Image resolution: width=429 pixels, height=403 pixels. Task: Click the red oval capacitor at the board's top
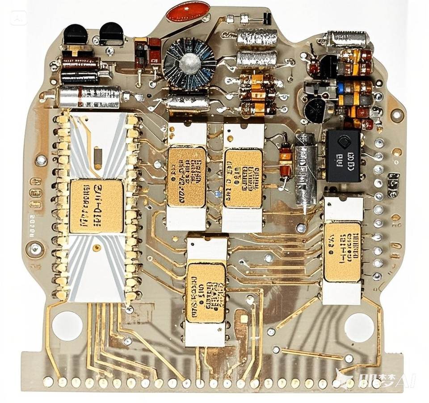pos(188,12)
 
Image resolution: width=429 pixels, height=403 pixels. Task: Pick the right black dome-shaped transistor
pos(111,34)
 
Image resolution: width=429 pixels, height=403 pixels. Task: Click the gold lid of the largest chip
pos(97,206)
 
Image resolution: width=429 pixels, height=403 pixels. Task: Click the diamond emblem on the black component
pos(343,143)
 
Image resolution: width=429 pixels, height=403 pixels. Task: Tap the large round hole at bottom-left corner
pos(67,326)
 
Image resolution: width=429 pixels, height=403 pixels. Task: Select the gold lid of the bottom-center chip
pos(206,293)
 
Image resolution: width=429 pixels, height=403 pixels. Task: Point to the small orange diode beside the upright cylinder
pos(285,157)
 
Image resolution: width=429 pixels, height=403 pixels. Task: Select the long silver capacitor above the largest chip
pos(89,97)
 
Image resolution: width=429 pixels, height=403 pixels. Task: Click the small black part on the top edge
pos(267,19)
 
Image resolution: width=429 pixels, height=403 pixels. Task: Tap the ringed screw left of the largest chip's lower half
pos(35,248)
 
